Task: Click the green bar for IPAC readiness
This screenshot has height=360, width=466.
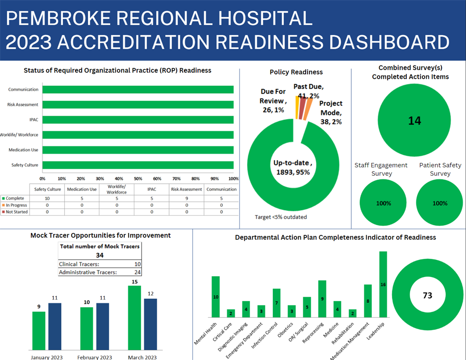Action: (138, 120)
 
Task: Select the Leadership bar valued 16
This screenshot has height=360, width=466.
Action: (383, 284)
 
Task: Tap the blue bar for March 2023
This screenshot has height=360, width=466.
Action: (150, 324)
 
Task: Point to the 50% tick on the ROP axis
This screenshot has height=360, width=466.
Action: (138, 179)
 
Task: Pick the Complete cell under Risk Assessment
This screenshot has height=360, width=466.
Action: (187, 198)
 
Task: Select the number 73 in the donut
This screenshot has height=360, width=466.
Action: (427, 295)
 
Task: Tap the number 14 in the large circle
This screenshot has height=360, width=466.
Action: (414, 120)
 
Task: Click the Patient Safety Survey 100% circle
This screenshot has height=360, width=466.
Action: (440, 203)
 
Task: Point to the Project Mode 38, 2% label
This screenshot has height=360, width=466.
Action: (331, 112)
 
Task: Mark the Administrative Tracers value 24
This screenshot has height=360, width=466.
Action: (137, 272)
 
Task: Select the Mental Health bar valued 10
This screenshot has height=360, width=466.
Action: (216, 296)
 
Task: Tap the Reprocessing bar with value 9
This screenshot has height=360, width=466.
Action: (322, 299)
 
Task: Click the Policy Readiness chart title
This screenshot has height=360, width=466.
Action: (296, 72)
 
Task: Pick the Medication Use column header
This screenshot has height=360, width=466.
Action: (82, 189)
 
